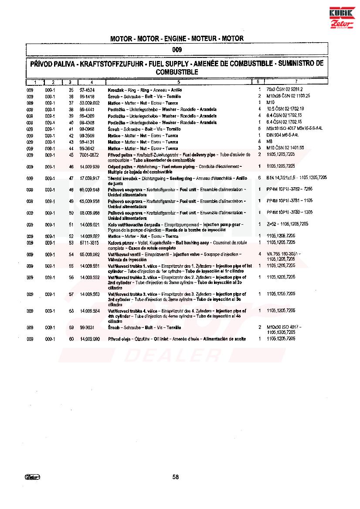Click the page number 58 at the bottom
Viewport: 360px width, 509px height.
pyautogui.click(x=176, y=477)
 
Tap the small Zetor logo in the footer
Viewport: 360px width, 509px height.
pyautogui.click(x=33, y=477)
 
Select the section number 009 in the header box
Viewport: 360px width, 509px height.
pyautogui.click(x=177, y=50)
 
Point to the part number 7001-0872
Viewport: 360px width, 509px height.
pyautogui.click(x=89, y=155)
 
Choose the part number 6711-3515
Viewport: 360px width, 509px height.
pyautogui.click(x=89, y=242)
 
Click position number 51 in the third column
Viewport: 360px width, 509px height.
pyautogui.click(x=71, y=224)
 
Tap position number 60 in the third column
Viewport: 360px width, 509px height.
pyautogui.click(x=71, y=339)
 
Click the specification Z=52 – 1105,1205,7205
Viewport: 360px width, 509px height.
pyautogui.click(x=287, y=224)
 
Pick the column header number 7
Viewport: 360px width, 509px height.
pyautogui.click(x=296, y=82)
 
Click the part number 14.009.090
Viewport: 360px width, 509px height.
pyautogui.click(x=90, y=339)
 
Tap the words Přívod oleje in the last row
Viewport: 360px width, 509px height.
pyautogui.click(x=120, y=339)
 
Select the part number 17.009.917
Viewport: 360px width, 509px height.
pyautogui.click(x=90, y=178)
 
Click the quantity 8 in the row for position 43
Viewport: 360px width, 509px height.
pyautogui.click(x=259, y=142)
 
